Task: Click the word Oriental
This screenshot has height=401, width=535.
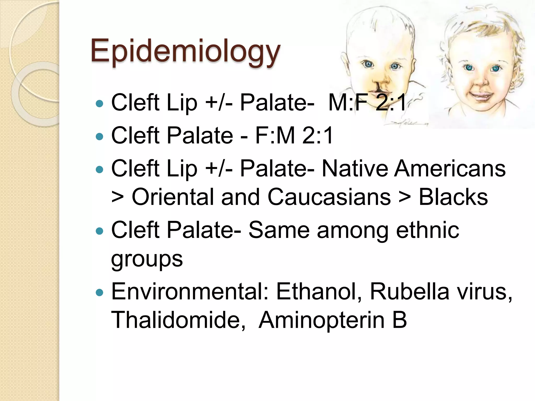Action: [173, 197]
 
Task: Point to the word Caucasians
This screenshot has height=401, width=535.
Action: [329, 197]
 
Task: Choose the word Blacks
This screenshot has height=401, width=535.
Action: [453, 197]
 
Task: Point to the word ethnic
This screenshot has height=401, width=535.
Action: [428, 230]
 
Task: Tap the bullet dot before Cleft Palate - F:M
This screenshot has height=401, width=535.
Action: [100, 136]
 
